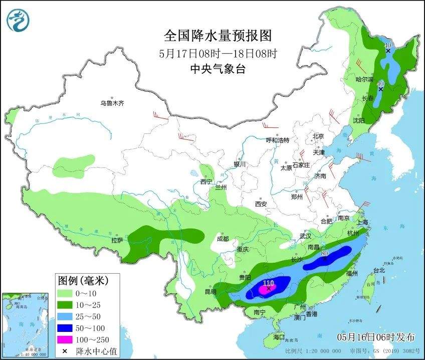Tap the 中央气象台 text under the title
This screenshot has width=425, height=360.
(x=218, y=70)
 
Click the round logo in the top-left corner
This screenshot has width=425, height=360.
(x=18, y=20)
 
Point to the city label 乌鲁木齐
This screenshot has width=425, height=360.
(x=111, y=103)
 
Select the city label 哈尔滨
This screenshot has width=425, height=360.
(x=364, y=79)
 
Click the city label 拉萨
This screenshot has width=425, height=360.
(x=117, y=240)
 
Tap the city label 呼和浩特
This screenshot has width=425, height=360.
(x=277, y=140)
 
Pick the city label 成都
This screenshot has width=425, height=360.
(x=223, y=239)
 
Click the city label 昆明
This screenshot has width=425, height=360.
(x=210, y=291)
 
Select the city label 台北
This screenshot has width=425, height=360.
(x=379, y=270)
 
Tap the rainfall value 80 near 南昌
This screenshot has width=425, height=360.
(x=324, y=254)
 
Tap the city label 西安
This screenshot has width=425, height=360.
(x=261, y=204)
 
